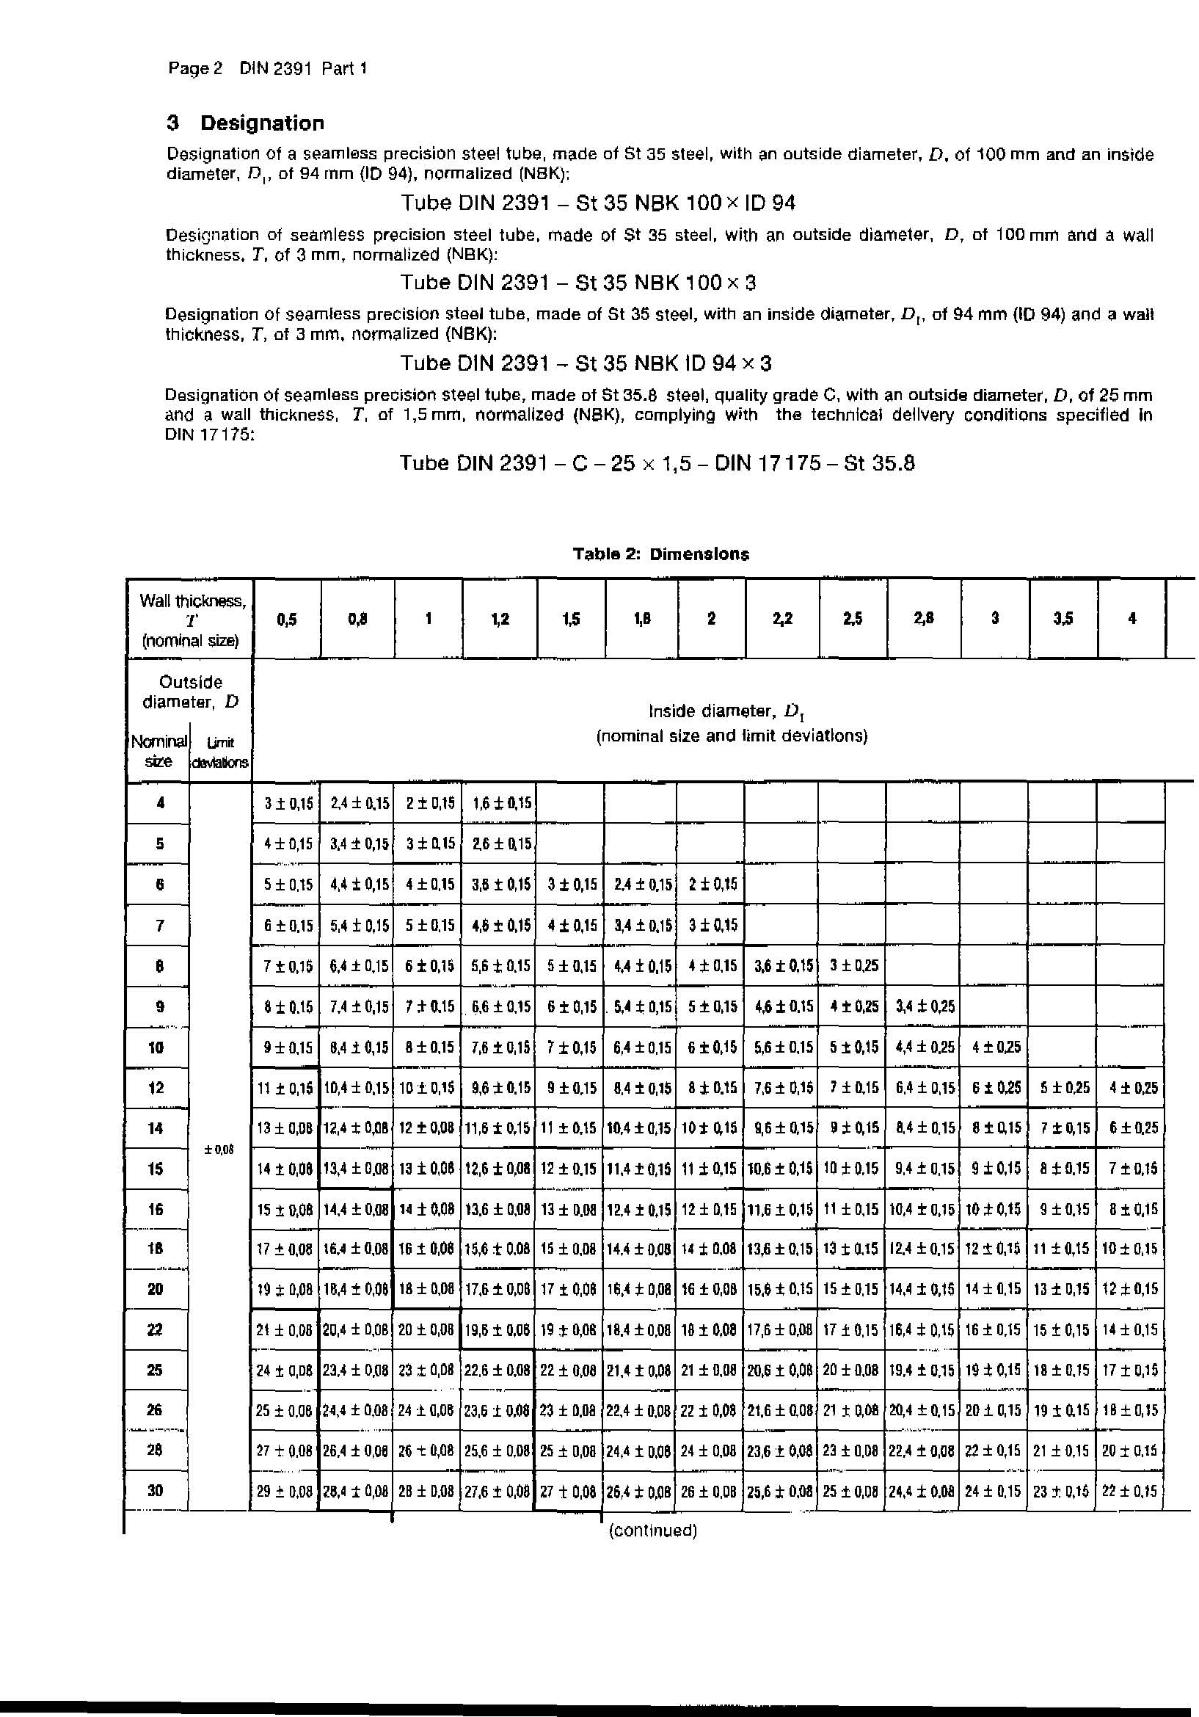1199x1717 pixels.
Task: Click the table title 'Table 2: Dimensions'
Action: [661, 554]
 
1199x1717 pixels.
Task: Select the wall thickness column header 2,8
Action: [924, 618]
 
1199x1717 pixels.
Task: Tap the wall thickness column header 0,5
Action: [286, 618]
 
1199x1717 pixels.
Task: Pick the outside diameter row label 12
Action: [156, 1087]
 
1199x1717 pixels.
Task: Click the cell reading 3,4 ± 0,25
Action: [925, 1006]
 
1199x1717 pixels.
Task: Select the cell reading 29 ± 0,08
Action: [284, 1491]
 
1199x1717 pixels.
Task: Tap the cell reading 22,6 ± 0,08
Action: [497, 1370]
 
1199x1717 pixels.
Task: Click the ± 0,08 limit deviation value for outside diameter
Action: [219, 1150]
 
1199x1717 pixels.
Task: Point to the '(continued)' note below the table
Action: [652, 1530]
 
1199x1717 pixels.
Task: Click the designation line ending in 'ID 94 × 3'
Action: [586, 363]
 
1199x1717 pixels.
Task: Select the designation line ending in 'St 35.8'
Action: [657, 463]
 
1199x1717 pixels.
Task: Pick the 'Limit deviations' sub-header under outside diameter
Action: [221, 752]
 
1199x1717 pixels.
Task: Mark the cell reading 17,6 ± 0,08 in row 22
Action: [781, 1329]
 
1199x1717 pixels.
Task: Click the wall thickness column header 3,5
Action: [1063, 618]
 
